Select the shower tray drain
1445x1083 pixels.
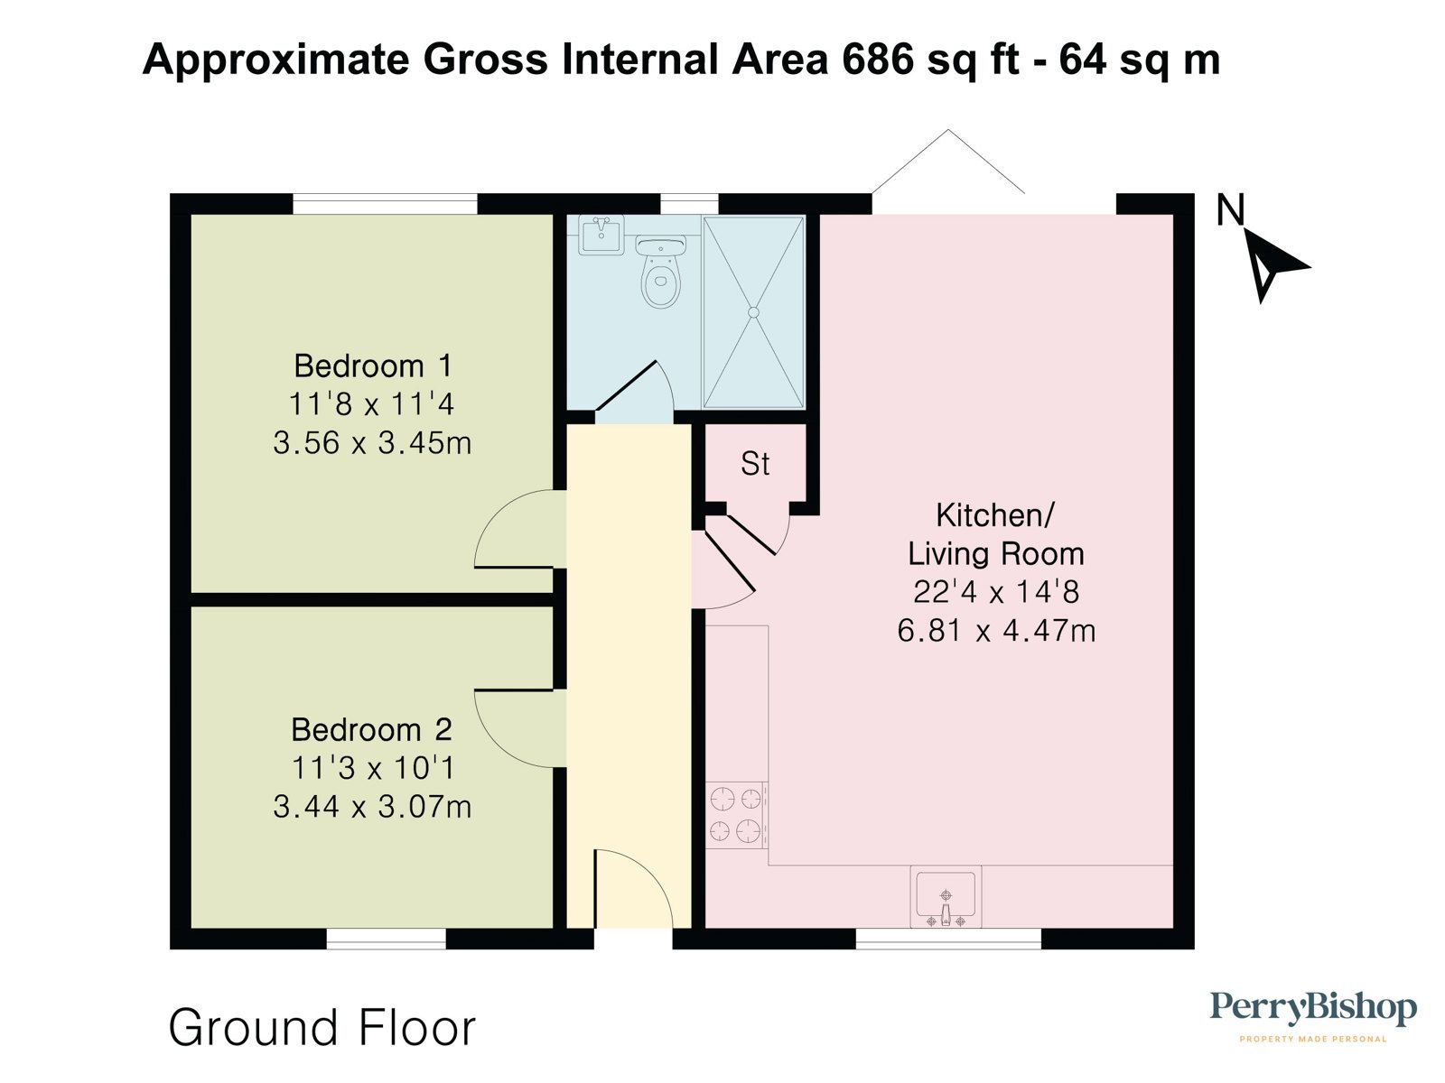pyautogui.click(x=753, y=312)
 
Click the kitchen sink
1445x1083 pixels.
pyautogui.click(x=946, y=896)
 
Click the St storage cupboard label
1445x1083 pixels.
pyautogui.click(x=755, y=464)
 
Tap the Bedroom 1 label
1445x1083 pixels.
pyautogui.click(x=373, y=366)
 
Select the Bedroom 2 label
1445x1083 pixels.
pyautogui.click(x=371, y=729)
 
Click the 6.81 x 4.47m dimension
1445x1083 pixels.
pyautogui.click(x=996, y=630)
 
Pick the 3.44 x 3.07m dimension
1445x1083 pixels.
pyautogui.click(x=372, y=806)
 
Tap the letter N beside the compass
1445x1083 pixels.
pyautogui.click(x=1230, y=210)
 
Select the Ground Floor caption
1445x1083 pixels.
pyautogui.click(x=322, y=1028)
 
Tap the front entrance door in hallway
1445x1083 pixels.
pyautogui.click(x=632, y=889)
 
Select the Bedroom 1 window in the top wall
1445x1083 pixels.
pyautogui.click(x=385, y=205)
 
